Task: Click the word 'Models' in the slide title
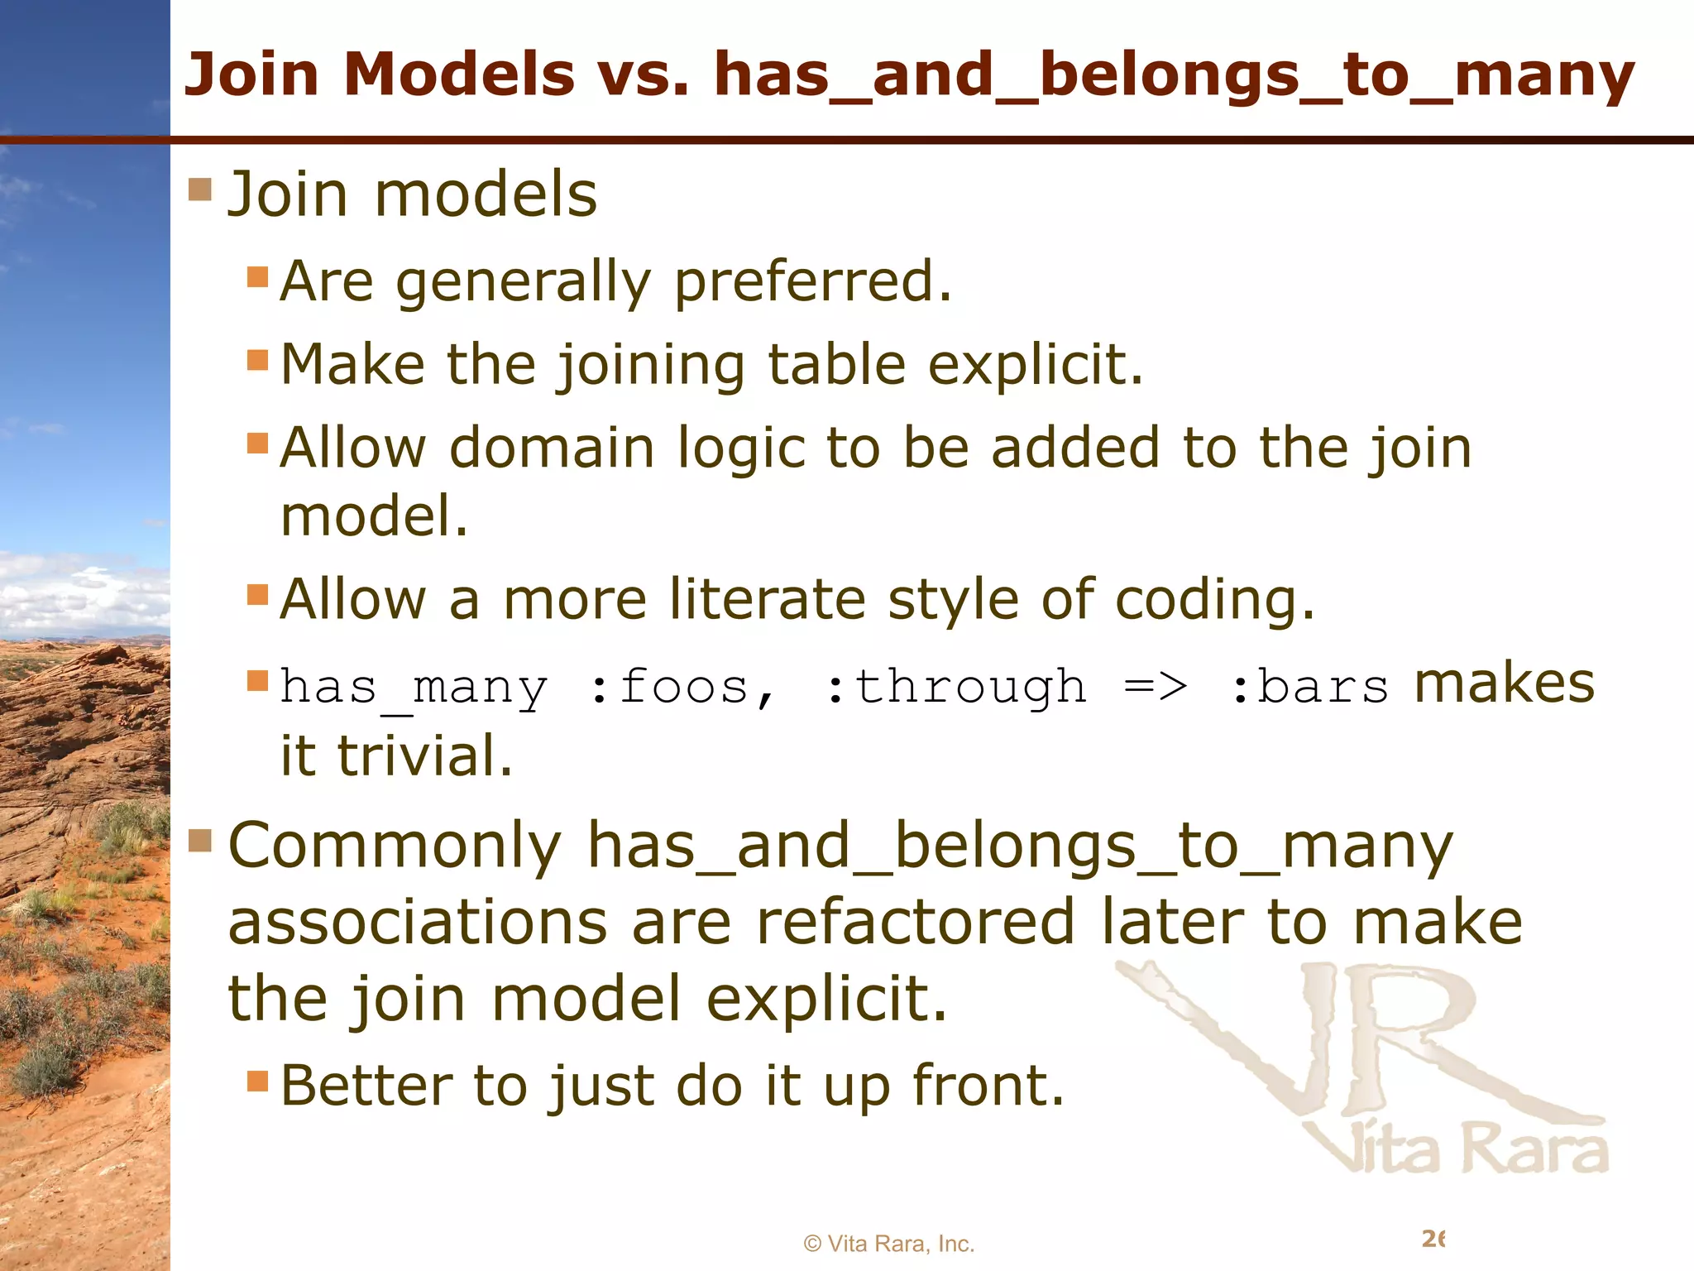459,74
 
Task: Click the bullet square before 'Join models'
200,189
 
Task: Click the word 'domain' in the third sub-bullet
553,448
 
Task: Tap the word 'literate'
768,599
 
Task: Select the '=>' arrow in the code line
1156,688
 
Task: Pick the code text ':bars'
1309,688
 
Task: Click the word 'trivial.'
425,755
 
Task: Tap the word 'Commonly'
395,847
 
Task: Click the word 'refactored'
916,923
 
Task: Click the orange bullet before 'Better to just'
258,1081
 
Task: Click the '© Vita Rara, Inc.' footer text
889,1244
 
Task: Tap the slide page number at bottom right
1433,1239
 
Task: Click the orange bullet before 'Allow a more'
258,595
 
